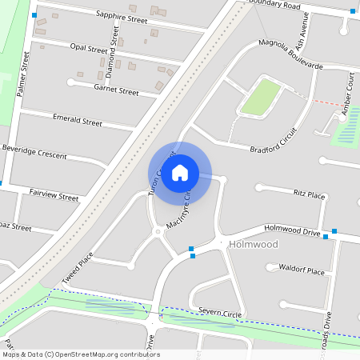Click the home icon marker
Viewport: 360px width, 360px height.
pyautogui.click(x=180, y=171)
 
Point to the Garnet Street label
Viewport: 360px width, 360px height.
pyautogui.click(x=116, y=91)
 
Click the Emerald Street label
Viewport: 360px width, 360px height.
pyautogui.click(x=78, y=122)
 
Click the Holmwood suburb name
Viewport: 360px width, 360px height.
pyautogui.click(x=252, y=244)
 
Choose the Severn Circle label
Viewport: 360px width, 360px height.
pyautogui.click(x=219, y=313)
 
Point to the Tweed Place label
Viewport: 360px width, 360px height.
pyautogui.click(x=78, y=269)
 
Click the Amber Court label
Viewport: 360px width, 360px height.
pyautogui.click(x=349, y=100)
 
